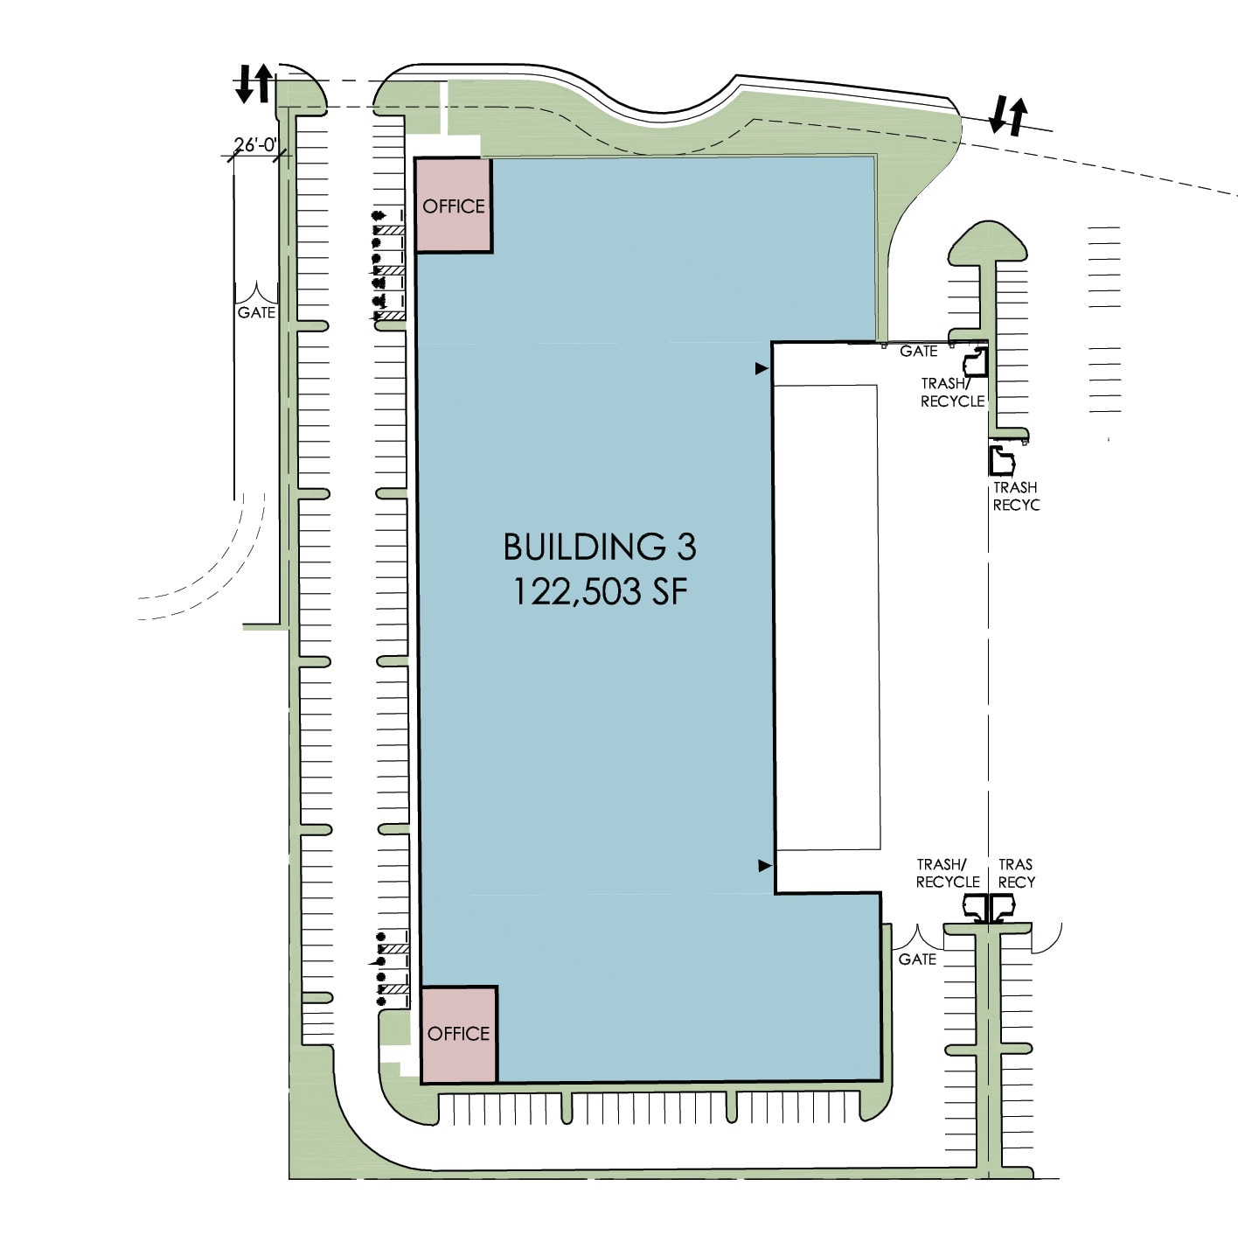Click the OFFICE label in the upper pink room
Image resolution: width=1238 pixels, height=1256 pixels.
453,206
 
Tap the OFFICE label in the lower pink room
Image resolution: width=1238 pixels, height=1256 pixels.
458,1034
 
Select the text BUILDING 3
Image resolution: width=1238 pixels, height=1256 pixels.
600,547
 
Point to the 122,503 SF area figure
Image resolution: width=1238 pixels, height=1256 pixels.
600,592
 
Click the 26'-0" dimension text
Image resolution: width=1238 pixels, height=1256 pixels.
255,144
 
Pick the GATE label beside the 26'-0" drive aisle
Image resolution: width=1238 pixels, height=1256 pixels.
256,312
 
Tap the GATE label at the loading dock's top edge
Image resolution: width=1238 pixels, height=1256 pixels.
918,352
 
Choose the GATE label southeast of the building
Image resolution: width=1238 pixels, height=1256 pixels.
917,959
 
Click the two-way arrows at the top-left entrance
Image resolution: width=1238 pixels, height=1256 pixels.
254,83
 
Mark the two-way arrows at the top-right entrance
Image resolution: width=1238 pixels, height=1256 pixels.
1008,115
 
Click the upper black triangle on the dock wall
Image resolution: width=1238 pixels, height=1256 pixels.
762,369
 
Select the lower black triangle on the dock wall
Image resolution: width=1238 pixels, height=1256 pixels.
764,866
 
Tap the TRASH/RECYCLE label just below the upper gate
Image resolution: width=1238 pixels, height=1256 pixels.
952,392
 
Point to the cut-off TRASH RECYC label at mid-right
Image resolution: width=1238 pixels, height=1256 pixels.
1015,496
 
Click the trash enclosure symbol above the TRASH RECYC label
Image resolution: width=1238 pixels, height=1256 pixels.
1001,460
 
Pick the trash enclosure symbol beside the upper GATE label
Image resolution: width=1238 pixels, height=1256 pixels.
975,361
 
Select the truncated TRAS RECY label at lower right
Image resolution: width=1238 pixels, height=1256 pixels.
1016,873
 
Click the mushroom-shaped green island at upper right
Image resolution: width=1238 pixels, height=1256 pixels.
987,246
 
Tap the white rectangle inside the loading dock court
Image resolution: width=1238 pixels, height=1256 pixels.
827,617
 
